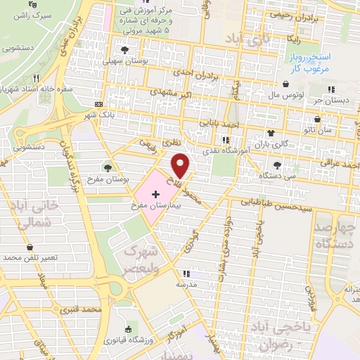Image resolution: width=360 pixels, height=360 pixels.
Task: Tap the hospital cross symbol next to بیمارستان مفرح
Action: point(155,193)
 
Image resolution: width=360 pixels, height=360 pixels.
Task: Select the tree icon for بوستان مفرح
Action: point(108,167)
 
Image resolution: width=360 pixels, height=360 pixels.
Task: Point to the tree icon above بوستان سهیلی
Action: point(125,50)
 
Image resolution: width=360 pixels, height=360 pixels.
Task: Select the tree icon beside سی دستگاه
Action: point(278,165)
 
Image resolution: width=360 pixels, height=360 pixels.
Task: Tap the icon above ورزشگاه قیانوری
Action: point(127,330)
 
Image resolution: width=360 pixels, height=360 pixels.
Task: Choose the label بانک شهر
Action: point(98,114)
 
